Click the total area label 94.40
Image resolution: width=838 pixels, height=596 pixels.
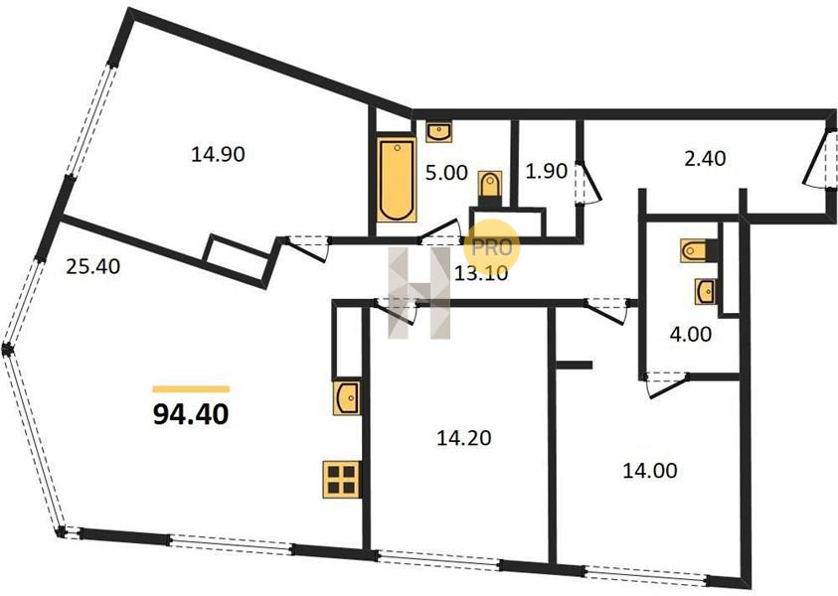point(191,414)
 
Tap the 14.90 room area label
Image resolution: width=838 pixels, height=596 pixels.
point(218,154)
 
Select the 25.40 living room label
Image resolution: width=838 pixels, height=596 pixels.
point(93,266)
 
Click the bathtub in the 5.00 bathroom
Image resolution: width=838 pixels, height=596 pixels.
point(397,180)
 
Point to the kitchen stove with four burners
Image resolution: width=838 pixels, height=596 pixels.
point(342,480)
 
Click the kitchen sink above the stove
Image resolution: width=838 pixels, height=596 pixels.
point(346,397)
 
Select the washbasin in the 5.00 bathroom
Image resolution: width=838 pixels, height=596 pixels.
point(439,131)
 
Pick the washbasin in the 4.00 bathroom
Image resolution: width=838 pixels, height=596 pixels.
point(706,291)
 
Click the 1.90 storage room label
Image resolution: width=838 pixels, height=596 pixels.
point(546,171)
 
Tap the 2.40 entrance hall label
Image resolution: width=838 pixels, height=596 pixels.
point(706,159)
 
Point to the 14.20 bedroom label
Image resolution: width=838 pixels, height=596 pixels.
point(464,438)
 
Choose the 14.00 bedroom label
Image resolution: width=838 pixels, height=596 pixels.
point(650,471)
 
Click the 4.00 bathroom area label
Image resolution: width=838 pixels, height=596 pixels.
point(691,335)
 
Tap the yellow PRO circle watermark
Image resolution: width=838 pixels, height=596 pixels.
point(492,247)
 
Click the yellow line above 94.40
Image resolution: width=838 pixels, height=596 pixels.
point(191,388)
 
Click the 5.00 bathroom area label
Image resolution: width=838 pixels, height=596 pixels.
point(446,173)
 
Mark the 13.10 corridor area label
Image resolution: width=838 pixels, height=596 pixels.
point(480,273)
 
